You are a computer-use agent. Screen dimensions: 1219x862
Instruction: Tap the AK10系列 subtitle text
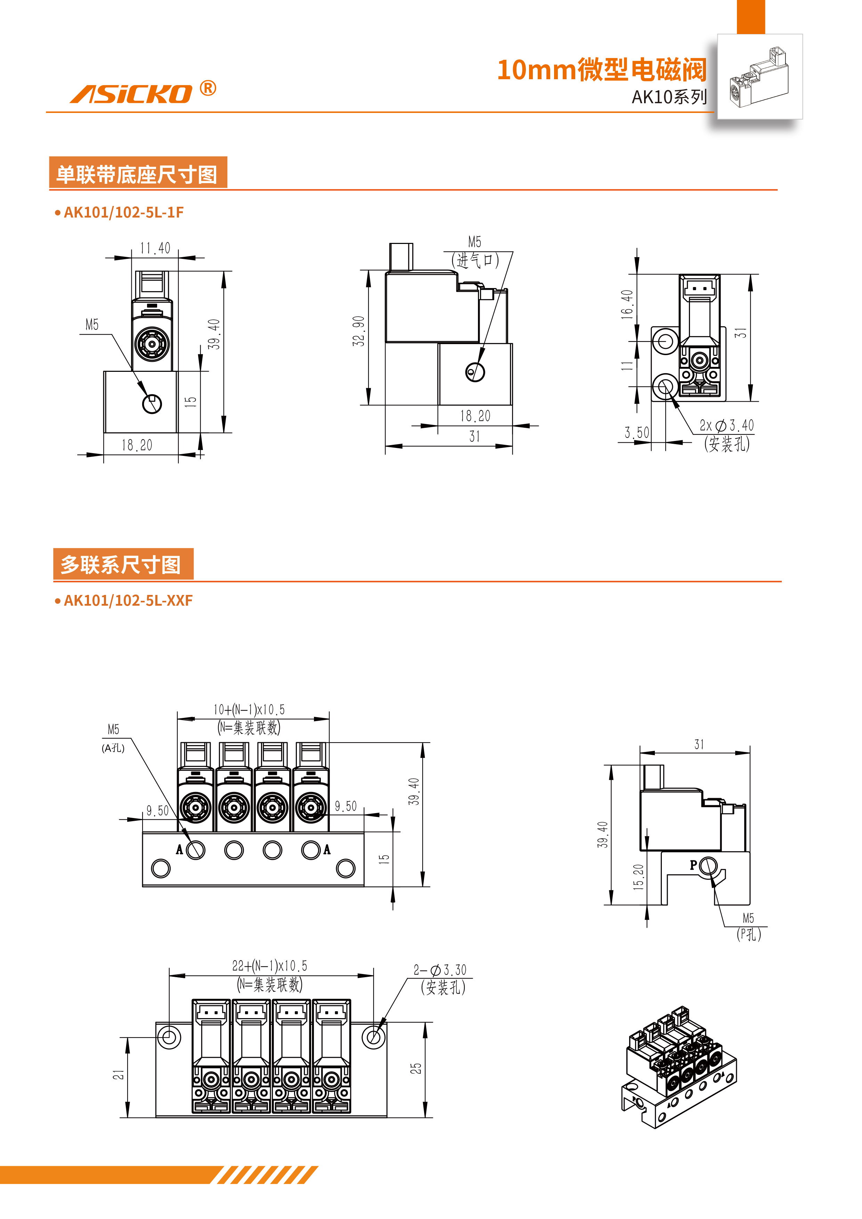669,97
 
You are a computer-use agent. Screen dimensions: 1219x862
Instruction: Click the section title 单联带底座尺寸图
138,174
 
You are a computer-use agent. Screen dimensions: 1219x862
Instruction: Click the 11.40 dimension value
155,248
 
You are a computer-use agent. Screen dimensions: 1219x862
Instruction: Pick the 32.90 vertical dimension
359,331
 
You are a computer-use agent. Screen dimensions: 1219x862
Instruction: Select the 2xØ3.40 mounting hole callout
726,425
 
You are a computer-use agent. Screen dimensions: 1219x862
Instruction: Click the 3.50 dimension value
636,433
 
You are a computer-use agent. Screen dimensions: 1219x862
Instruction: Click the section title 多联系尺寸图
121,564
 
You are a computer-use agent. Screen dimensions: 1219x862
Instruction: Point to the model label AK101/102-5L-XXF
128,600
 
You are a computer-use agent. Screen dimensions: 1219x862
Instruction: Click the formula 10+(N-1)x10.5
249,709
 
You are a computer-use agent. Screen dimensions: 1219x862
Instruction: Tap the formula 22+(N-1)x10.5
269,966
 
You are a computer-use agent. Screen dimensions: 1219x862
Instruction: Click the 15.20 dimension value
639,877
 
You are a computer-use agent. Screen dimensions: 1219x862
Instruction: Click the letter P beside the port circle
693,865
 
